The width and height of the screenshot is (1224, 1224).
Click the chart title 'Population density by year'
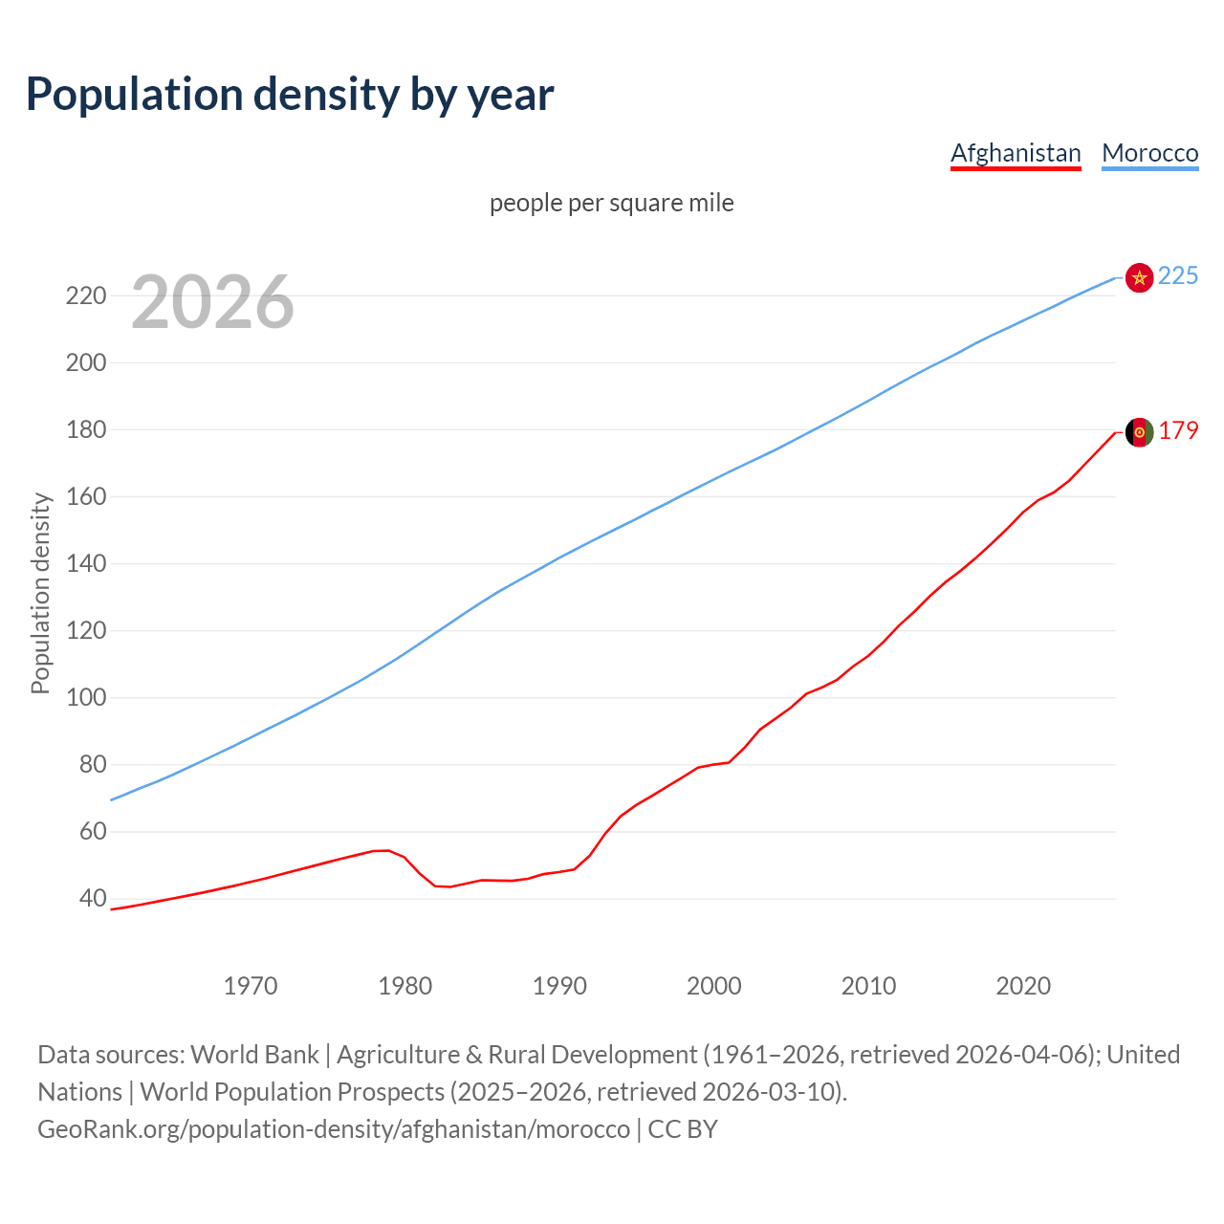[290, 94]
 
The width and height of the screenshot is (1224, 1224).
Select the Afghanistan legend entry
[1016, 153]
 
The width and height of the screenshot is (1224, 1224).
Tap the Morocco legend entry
[1149, 153]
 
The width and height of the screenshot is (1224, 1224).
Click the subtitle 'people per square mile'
[611, 203]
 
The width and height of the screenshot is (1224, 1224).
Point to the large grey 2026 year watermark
[212, 302]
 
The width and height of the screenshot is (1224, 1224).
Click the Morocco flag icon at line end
[1139, 277]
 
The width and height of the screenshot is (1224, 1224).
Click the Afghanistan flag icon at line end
[1139, 432]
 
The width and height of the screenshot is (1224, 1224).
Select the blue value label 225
[1178, 276]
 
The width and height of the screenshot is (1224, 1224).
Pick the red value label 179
[1178, 431]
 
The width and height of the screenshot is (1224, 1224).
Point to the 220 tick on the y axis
[85, 295]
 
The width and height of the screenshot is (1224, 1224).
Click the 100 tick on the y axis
[85, 697]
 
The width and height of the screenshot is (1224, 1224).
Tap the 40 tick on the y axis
[93, 898]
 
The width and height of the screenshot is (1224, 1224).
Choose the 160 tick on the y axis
[85, 496]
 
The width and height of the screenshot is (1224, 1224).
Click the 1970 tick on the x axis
[251, 986]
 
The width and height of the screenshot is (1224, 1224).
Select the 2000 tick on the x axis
[714, 986]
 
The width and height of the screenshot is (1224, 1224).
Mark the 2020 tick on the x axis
[1023, 986]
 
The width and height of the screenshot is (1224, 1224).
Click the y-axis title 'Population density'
[40, 593]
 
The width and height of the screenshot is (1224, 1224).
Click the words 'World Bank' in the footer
[254, 1055]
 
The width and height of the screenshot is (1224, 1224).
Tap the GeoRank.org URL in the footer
[334, 1129]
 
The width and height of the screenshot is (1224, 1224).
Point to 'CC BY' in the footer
[683, 1129]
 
